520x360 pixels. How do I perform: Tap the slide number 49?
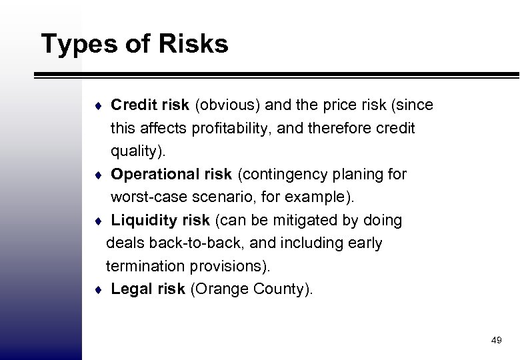[496, 341]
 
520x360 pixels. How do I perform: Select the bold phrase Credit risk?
[151, 105]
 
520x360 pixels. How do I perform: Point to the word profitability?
[239, 127]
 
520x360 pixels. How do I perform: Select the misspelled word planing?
[354, 174]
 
